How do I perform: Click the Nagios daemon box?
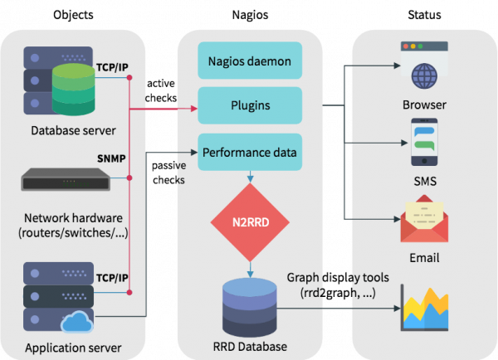(249, 61)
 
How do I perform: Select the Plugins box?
(249, 106)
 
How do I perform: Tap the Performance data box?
(249, 153)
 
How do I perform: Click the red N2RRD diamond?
(249, 221)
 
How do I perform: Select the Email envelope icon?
(424, 221)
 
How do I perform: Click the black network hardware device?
(66, 178)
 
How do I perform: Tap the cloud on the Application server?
(74, 319)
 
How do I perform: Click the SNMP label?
(110, 158)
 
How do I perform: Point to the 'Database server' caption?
(73, 130)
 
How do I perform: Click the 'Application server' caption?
(73, 347)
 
